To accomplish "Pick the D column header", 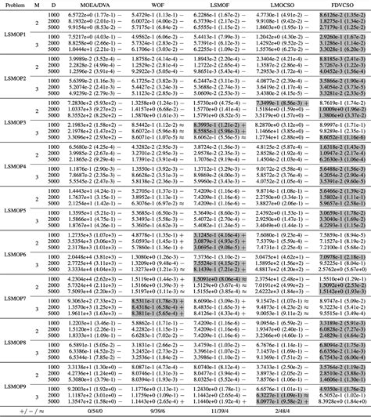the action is [53, 5].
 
